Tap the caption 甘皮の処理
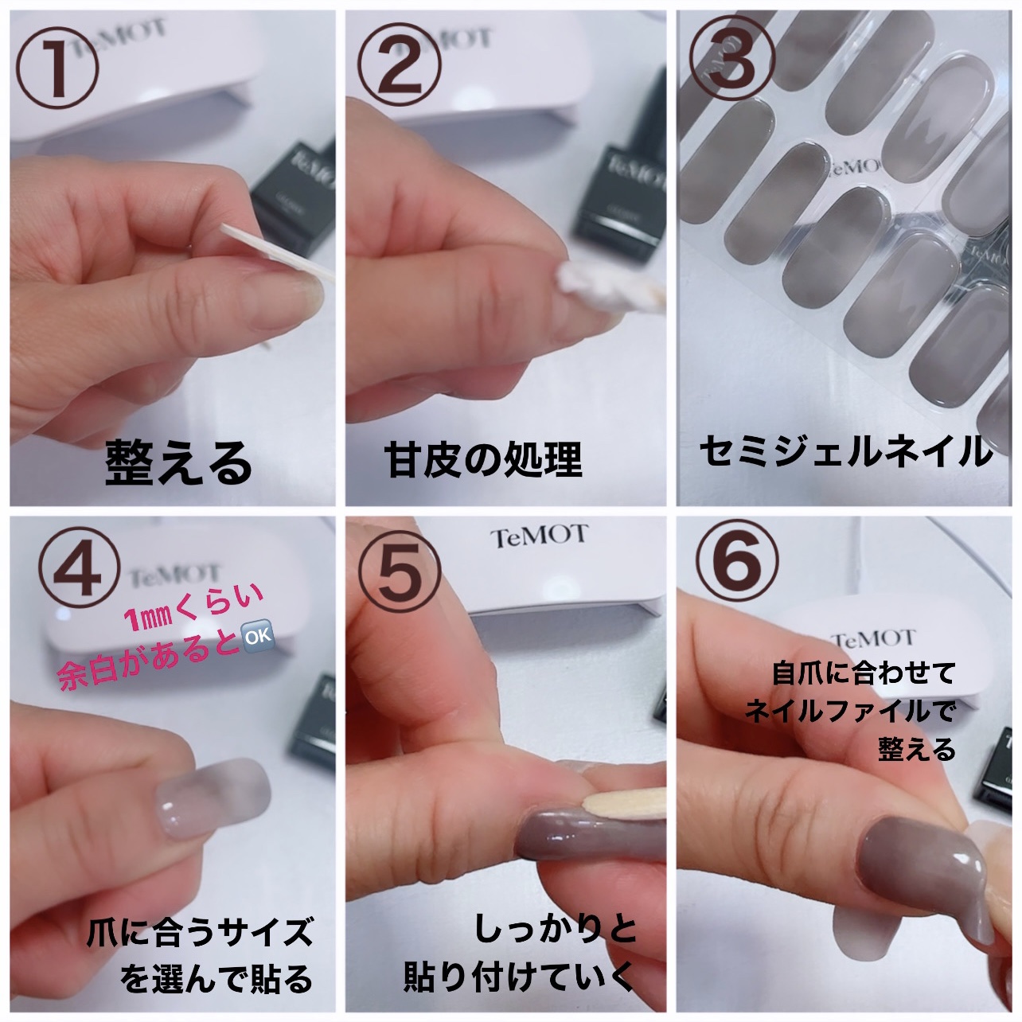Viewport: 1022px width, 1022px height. coord(483,460)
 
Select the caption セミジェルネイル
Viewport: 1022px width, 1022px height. coord(845,451)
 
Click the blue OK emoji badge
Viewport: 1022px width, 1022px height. coord(256,636)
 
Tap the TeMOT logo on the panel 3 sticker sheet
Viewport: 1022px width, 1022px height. coord(853,166)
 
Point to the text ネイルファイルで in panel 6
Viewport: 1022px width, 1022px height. coord(849,711)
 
